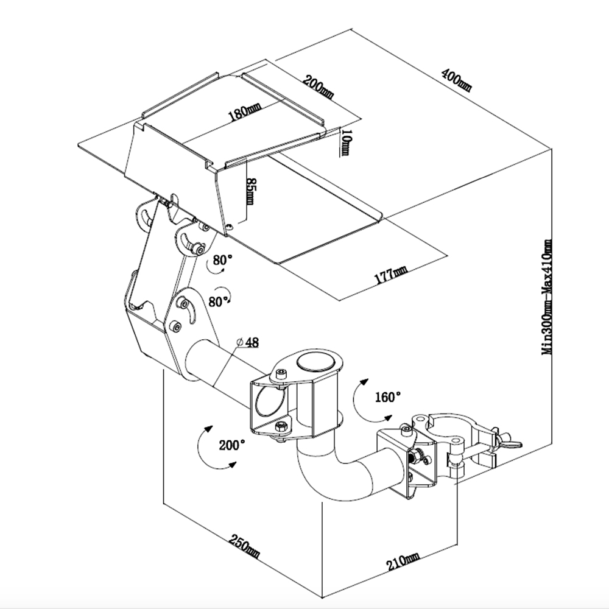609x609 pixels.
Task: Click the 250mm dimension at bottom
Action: click(x=245, y=547)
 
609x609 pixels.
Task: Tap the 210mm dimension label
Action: click(x=403, y=560)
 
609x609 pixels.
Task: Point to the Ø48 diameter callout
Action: click(x=248, y=343)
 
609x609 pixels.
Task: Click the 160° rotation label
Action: click(x=388, y=397)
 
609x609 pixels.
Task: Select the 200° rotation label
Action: click(x=231, y=445)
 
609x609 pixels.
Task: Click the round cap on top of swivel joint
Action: click(x=316, y=363)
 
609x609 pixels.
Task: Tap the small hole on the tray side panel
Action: click(x=229, y=227)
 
